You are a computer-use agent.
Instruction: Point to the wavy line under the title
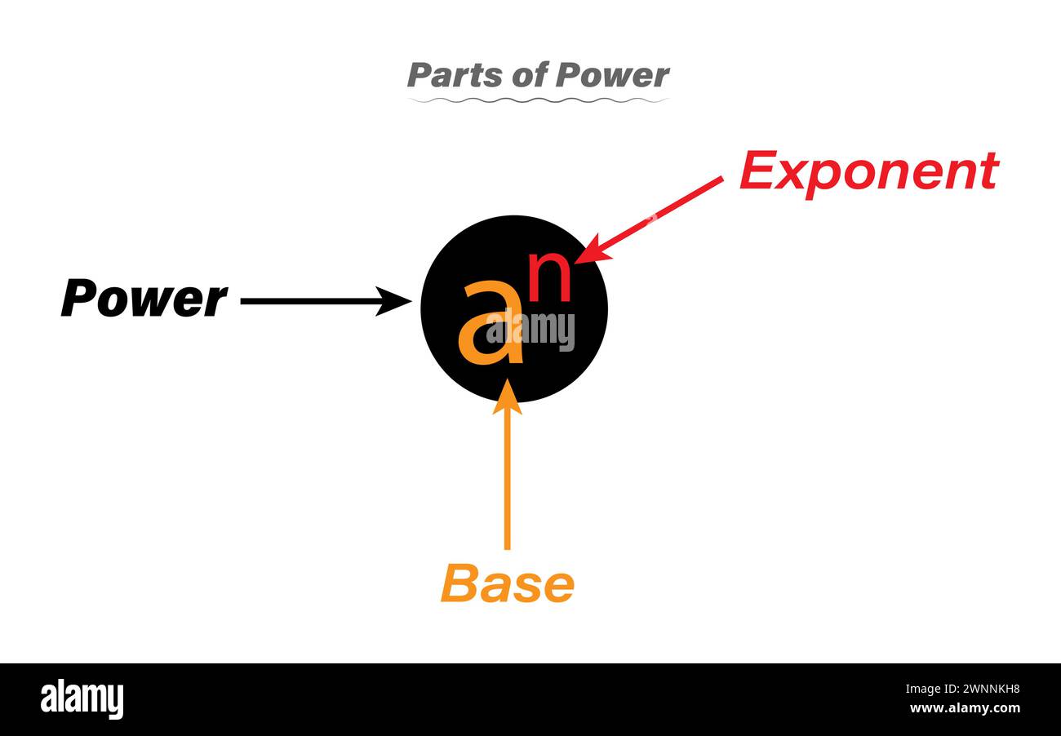[x=538, y=100]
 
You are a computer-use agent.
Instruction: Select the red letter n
[x=550, y=277]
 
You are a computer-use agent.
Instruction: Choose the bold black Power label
[x=144, y=299]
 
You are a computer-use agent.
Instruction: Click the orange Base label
[x=507, y=583]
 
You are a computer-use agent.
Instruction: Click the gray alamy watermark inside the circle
[x=530, y=330]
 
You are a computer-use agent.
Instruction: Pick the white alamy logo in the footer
[x=82, y=699]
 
